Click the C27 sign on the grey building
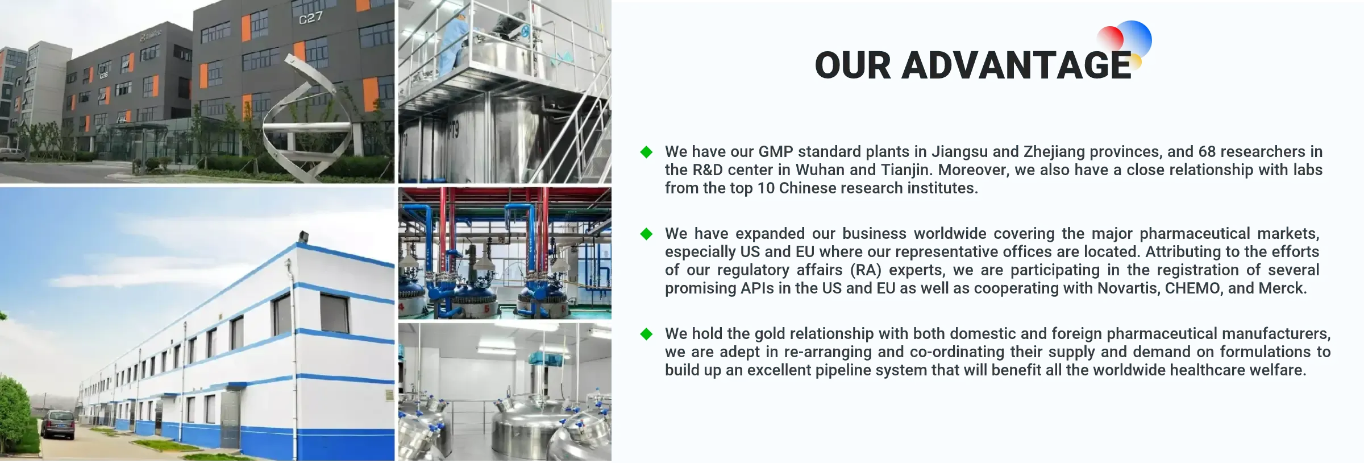[x=311, y=18]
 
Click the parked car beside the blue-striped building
[x=57, y=425]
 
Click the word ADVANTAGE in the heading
[x=1017, y=65]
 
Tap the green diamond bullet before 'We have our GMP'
[x=646, y=152]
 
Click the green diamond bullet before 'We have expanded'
[x=646, y=234]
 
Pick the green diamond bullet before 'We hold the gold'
[x=646, y=334]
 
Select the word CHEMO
[x=1192, y=288]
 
